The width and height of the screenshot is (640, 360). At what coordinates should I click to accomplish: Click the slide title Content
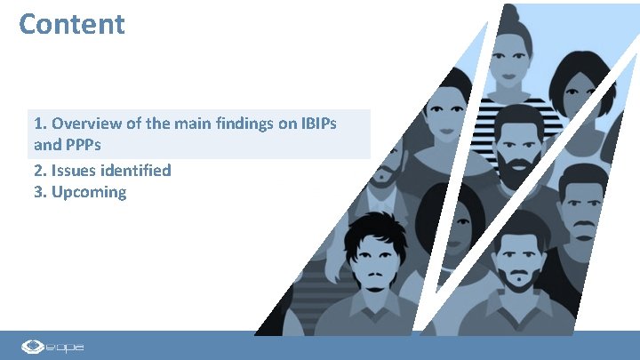pos(72,24)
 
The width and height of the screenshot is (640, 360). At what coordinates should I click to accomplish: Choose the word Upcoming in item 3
pos(89,192)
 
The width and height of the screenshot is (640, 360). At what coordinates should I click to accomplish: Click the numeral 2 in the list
pos(38,170)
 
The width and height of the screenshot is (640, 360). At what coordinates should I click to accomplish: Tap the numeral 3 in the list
pos(38,192)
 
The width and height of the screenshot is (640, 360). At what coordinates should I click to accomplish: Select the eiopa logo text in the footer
pos(68,346)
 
